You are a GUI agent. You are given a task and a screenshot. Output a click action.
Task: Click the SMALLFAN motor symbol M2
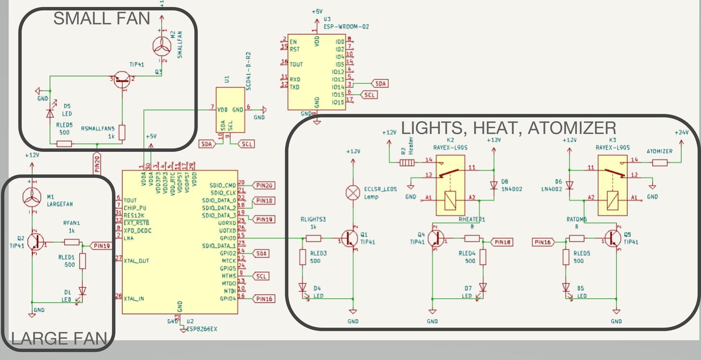(161, 47)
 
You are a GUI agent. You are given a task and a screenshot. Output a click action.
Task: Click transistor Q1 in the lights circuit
(350, 238)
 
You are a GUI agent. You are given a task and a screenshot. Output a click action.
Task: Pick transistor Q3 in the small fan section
(122, 80)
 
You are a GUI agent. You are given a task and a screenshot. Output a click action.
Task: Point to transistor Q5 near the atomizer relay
(613, 238)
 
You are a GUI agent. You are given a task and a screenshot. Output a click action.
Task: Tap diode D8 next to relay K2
(494, 185)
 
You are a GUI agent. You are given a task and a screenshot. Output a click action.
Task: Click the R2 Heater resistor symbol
(408, 163)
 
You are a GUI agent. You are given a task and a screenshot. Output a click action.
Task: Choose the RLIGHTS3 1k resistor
(314, 238)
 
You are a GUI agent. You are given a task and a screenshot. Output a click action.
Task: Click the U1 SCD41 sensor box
(230, 110)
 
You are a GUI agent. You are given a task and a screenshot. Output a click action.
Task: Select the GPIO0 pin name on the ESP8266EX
(227, 238)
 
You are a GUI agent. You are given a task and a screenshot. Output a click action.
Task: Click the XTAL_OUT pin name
(137, 261)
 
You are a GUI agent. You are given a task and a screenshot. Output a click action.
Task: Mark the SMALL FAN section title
(102, 19)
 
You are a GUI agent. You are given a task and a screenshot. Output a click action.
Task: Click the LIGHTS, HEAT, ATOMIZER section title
(508, 128)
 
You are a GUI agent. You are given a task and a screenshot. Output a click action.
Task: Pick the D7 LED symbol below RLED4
(483, 288)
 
